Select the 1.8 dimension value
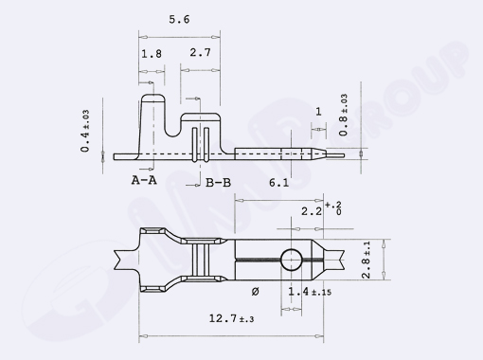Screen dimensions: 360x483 pos(151,55)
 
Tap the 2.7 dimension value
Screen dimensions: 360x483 pos(200,55)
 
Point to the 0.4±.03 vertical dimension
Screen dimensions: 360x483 pos(86,131)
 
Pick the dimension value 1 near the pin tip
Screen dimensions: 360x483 pos(318,112)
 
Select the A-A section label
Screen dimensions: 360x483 pos(144,179)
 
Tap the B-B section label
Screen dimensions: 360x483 pos(218,180)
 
